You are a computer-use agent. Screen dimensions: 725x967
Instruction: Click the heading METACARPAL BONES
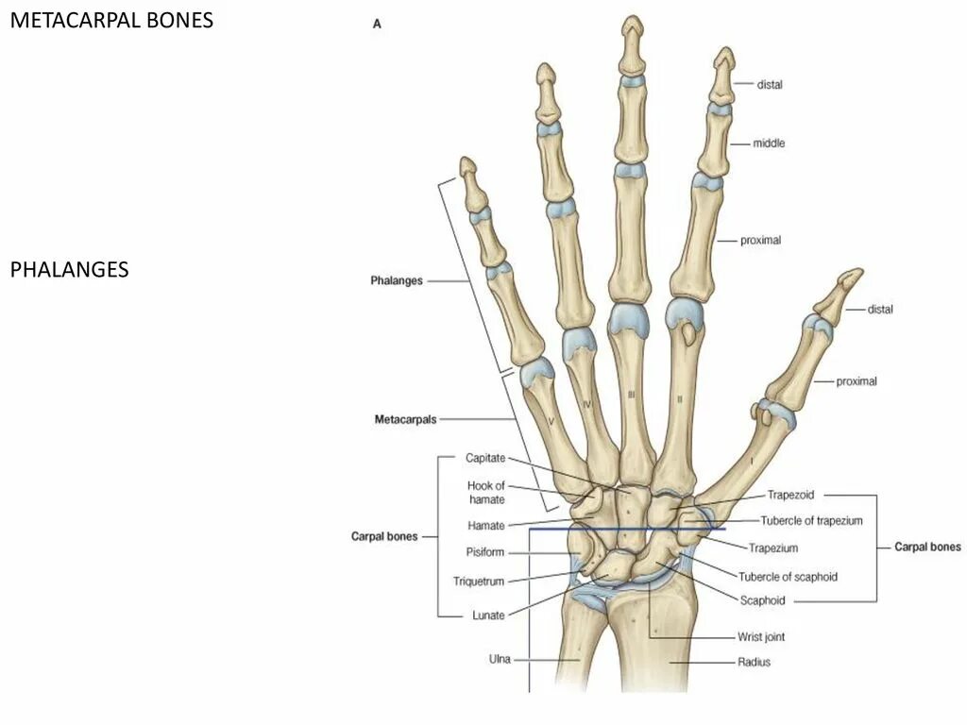tap(111, 20)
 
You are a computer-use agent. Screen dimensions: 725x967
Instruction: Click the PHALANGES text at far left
tap(69, 270)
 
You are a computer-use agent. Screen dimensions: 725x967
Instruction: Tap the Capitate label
tap(485, 458)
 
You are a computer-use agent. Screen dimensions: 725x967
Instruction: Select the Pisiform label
tap(484, 552)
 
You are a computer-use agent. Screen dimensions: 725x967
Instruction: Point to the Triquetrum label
tap(479, 582)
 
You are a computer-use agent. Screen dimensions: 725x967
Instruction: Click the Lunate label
tap(487, 615)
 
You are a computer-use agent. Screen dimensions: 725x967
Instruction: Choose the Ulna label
tap(500, 659)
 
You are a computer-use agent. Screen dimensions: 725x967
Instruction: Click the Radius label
tap(754, 662)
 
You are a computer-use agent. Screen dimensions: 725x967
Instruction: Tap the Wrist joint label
tap(760, 637)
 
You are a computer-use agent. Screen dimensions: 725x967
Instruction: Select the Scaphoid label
tap(763, 599)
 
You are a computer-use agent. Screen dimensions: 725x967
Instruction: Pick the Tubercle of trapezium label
tap(811, 521)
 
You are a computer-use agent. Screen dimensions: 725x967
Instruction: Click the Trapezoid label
tap(790, 494)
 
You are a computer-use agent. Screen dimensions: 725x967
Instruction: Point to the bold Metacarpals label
tap(405, 419)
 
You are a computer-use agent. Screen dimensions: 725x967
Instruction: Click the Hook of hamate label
tap(486, 493)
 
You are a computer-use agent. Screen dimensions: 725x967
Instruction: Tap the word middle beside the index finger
tap(769, 143)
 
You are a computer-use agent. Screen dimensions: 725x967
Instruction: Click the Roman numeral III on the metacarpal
tap(630, 395)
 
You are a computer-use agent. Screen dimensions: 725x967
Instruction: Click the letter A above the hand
tap(377, 25)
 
